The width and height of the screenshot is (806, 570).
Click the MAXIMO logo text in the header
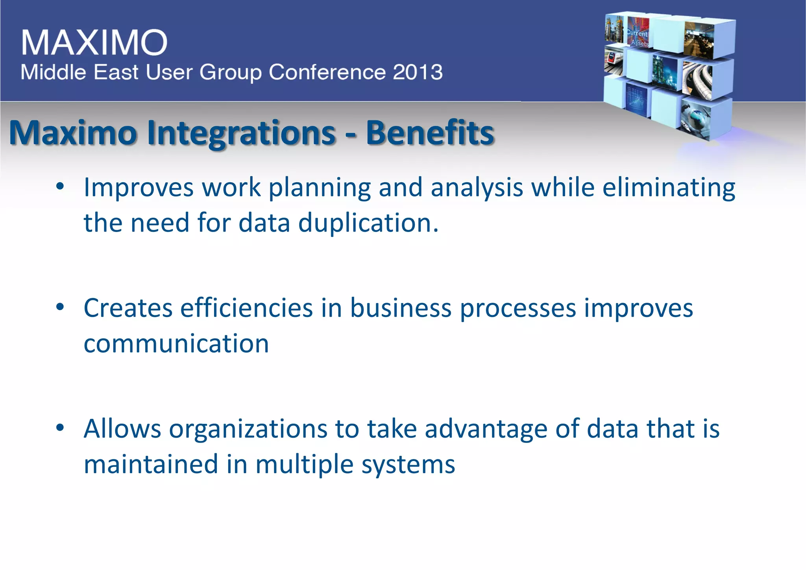[x=94, y=42]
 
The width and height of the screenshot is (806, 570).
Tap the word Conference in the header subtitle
[x=327, y=72]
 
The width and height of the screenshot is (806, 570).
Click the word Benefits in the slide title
[x=430, y=133]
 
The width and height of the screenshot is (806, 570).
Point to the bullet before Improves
[x=60, y=187]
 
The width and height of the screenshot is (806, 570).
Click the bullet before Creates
[x=60, y=307]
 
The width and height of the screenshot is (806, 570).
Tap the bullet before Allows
[x=60, y=428]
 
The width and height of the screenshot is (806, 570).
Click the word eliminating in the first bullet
[x=669, y=187]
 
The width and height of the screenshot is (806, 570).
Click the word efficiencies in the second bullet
[x=246, y=308]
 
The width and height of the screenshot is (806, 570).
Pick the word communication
[x=176, y=343]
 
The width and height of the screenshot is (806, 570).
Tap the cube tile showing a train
[x=614, y=61]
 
